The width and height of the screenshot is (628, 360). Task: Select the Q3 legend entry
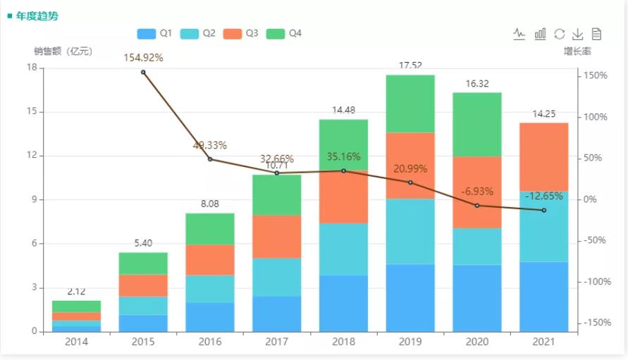coord(241,33)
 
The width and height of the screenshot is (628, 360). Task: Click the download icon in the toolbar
coord(578,33)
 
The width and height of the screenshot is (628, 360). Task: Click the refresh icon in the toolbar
coord(560,33)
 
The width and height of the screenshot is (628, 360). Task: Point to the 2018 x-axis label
coord(343,342)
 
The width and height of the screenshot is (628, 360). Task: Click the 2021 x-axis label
coord(543,342)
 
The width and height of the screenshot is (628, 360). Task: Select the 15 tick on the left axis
coord(32,111)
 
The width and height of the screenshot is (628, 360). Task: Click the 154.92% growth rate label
coord(143,58)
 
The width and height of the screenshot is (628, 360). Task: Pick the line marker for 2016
coord(210,159)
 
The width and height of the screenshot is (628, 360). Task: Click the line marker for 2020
coord(477,206)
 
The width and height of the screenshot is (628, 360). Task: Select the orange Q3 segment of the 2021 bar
coord(543,156)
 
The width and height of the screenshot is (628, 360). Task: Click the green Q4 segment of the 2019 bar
coord(410,104)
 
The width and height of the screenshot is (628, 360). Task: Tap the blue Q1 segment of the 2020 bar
coord(477,298)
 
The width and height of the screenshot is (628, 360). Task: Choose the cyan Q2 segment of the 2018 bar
coord(343,249)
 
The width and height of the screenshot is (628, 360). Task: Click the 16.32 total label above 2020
coord(477,84)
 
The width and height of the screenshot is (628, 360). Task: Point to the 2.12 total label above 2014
coord(76,292)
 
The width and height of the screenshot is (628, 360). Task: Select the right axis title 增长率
coord(577,51)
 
